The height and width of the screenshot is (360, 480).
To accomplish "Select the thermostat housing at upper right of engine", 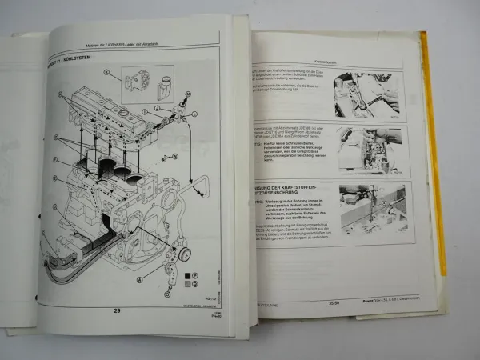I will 180,120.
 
